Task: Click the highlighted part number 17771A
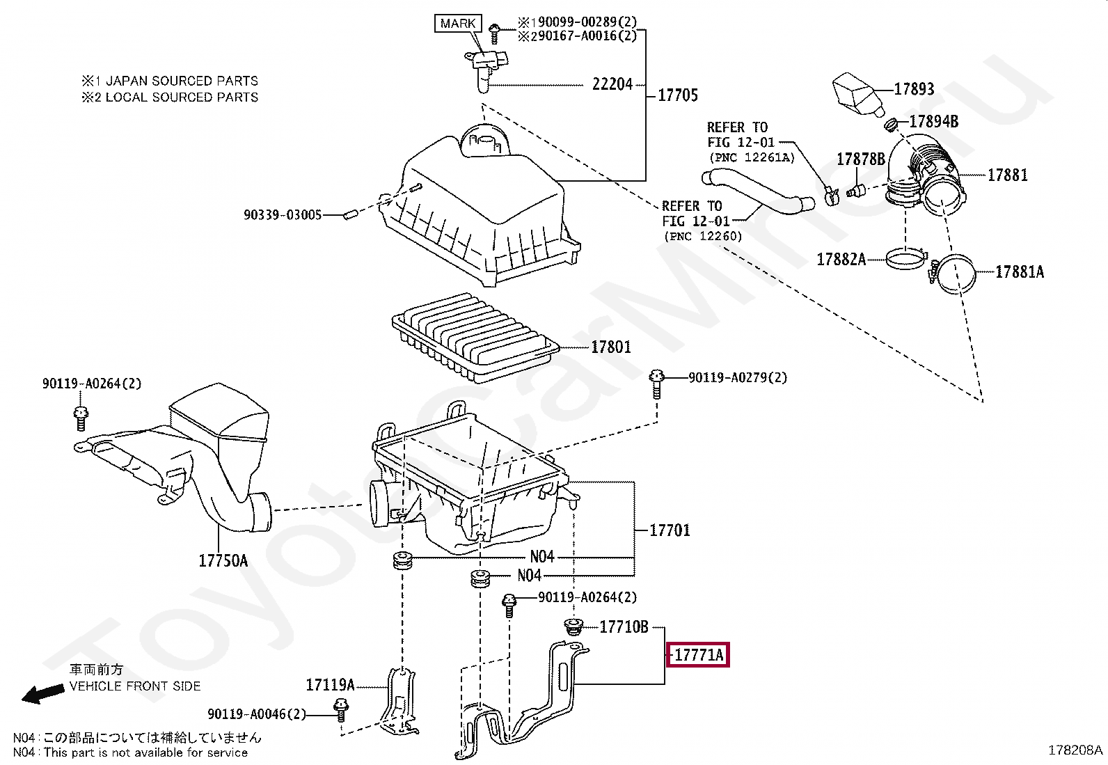pos(698,654)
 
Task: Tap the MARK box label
pos(457,23)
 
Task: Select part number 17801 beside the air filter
pos(611,347)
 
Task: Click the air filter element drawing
pos(475,337)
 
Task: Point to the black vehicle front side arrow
pos(42,694)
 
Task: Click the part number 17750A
pos(223,560)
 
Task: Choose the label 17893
pos(914,89)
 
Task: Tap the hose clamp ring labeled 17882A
pos(906,259)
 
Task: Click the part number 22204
pos(612,85)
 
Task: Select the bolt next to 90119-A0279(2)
pos(656,384)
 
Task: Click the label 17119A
pos(330,685)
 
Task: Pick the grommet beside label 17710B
pos(573,628)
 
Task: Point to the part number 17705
pos(678,95)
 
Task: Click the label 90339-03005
pos(283,215)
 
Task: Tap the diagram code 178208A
pos(1075,750)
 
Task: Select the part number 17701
pos(670,530)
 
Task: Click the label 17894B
pos(934,121)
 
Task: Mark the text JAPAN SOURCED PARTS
pos(182,81)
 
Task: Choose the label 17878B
pos(861,159)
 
